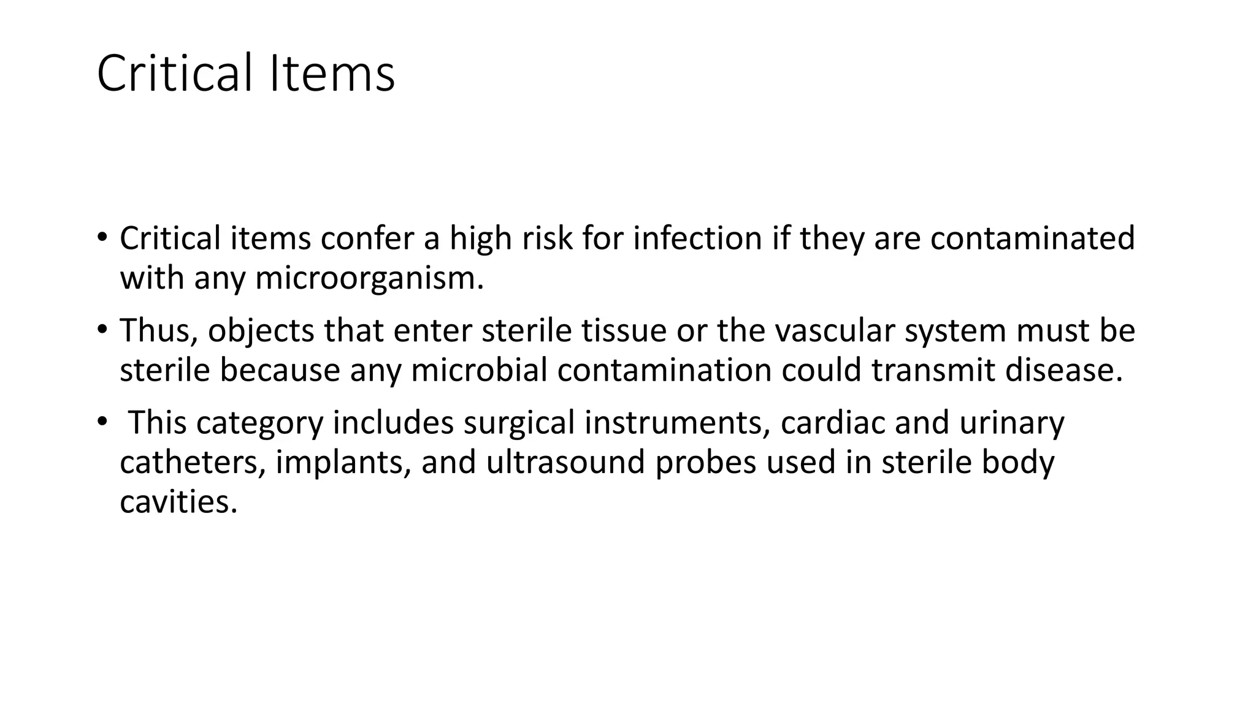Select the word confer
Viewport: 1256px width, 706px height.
pyautogui.click(x=367, y=238)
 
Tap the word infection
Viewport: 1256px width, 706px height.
pyautogui.click(x=697, y=238)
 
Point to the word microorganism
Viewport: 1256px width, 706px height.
pyautogui.click(x=369, y=278)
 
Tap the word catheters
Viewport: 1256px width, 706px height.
pyautogui.click(x=193, y=463)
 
